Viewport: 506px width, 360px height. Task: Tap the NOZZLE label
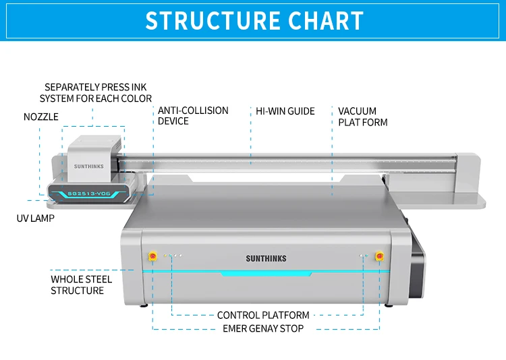[x=40, y=117]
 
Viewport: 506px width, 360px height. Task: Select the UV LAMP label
[x=35, y=218]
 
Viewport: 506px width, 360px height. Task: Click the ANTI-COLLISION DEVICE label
[x=193, y=116]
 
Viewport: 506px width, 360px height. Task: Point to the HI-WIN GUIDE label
[x=285, y=111]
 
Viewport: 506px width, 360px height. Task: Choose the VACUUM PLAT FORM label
[x=362, y=117]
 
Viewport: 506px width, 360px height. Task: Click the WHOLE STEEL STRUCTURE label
[x=81, y=284]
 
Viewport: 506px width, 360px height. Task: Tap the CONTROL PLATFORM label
[x=263, y=315]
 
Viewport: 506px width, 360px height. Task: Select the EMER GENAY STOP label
[x=263, y=328]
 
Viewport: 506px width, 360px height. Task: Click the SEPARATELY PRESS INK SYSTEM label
[x=95, y=93]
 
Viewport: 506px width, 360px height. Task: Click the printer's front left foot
[x=144, y=305]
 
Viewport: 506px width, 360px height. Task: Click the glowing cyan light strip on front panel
[x=266, y=273]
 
